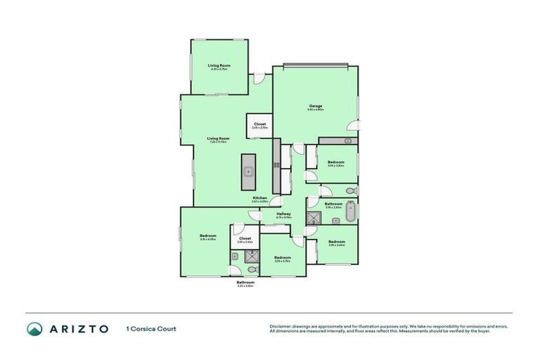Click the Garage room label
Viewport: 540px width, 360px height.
tap(316, 106)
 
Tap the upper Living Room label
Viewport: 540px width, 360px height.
tap(219, 66)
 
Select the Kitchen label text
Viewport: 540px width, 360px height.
tap(260, 198)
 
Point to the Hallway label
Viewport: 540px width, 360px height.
tap(284, 214)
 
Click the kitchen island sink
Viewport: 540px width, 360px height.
tap(248, 171)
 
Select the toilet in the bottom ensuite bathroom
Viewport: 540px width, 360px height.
tap(252, 269)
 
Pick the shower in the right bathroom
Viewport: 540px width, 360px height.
tap(312, 218)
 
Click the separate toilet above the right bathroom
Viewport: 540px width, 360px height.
tap(351, 191)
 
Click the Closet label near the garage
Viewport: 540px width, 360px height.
tap(259, 124)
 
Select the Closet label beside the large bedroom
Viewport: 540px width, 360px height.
tap(245, 238)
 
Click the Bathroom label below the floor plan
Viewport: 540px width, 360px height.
tap(245, 283)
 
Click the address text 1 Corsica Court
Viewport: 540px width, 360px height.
tap(150, 328)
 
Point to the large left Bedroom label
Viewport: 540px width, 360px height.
tap(207, 236)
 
